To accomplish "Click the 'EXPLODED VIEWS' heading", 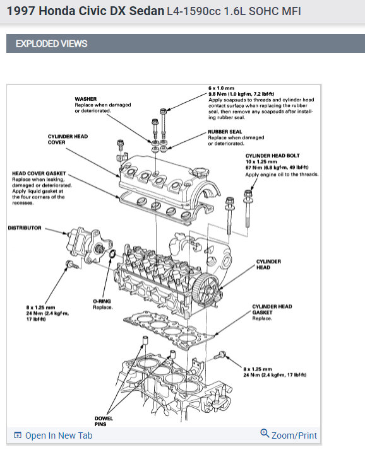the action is coord(52,43).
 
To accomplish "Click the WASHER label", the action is coord(86,99).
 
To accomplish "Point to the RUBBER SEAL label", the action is coord(225,132).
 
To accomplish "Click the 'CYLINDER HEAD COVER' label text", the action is coord(68,139).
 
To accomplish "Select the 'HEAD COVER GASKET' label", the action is coord(39,173).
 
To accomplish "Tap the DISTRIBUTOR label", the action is coord(25,228).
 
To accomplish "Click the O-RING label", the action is coord(102,301).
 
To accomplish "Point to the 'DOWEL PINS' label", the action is coord(104,421).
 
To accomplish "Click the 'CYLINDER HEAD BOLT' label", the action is coord(272,156).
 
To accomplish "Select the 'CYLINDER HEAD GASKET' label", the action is coord(272,309).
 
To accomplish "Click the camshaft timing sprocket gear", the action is coord(206,289).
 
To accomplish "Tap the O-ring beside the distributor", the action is coord(112,253).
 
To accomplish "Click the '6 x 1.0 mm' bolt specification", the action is coord(221,88).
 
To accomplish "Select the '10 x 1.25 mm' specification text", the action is coord(261,161).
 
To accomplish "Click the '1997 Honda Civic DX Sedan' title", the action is coord(85,11).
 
